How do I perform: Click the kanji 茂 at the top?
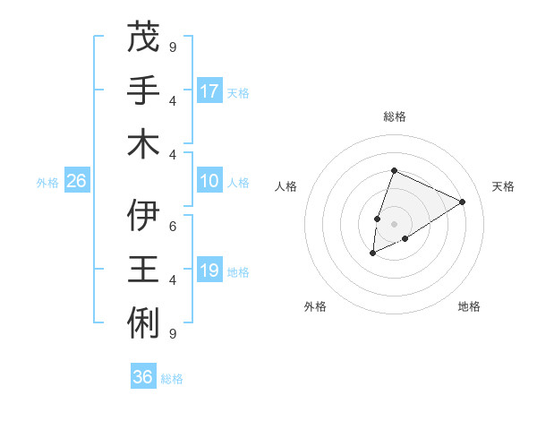[x=144, y=38]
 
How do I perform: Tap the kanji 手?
[x=144, y=90]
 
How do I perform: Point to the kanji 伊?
[x=144, y=216]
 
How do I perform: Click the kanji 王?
[x=144, y=269]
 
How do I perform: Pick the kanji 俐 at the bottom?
[x=144, y=321]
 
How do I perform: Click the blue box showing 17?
[x=209, y=90]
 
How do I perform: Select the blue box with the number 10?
[x=209, y=182]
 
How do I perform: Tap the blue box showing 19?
[x=209, y=271]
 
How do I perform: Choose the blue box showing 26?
[x=76, y=182]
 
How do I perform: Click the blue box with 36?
[x=143, y=377]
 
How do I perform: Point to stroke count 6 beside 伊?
[x=173, y=227]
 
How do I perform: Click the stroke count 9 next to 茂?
[x=173, y=47]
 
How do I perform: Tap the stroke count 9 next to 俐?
[x=173, y=333]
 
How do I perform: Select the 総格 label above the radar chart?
[x=395, y=116]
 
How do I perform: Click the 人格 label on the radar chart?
[x=286, y=186]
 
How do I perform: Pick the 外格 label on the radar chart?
[x=315, y=306]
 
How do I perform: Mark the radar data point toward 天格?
[x=463, y=202]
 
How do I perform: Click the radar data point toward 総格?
[x=394, y=170]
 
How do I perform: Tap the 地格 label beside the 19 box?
[x=239, y=271]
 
